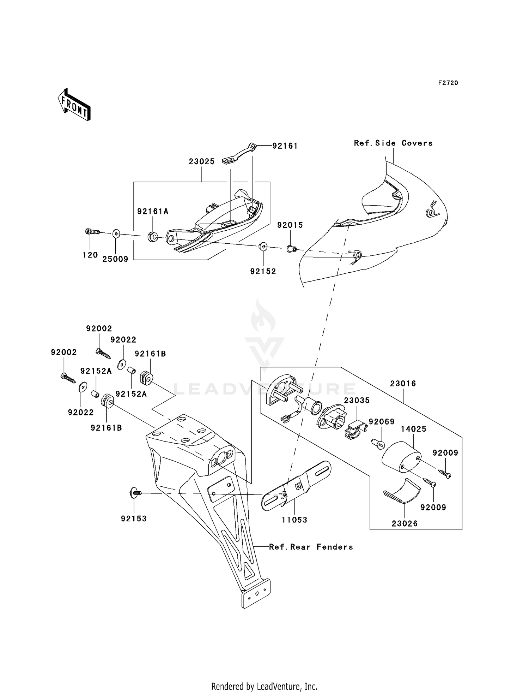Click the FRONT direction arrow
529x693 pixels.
74,105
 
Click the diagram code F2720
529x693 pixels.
448,83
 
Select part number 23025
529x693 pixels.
201,162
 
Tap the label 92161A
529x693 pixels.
153,212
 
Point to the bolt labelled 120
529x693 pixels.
92,232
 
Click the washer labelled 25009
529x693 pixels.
116,233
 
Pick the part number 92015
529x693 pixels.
290,225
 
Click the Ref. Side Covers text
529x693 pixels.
393,143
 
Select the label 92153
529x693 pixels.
134,519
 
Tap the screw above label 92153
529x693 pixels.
136,493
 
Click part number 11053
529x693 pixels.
294,520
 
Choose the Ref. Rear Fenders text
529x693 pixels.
311,547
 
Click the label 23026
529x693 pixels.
405,524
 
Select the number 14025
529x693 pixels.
414,429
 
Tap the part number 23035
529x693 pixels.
357,401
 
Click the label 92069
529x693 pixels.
382,422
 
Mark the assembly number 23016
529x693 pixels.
403,384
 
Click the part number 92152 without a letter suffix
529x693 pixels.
263,272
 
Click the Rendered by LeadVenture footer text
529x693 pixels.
264,686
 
